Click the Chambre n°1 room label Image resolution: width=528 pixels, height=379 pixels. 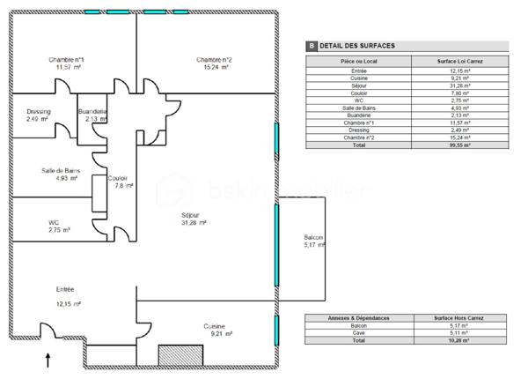click(x=66, y=60)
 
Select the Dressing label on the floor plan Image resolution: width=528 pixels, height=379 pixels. click(x=39, y=112)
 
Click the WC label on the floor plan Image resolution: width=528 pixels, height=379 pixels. click(x=54, y=222)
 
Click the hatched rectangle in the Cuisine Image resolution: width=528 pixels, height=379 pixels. click(x=177, y=355)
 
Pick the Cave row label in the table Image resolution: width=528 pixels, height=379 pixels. click(x=357, y=332)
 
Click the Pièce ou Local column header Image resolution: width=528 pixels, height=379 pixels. click(x=357, y=61)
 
